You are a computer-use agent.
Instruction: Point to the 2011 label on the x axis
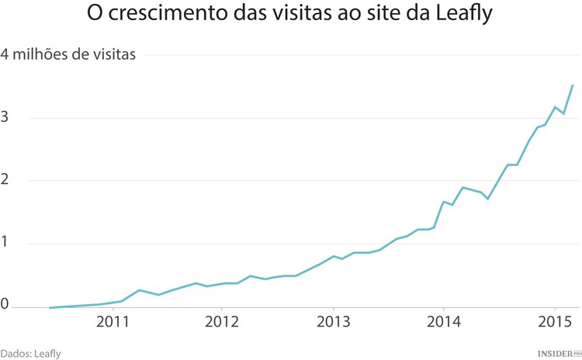tap(113, 322)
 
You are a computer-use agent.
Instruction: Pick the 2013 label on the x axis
tap(333, 322)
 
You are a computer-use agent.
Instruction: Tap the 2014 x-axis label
tap(443, 322)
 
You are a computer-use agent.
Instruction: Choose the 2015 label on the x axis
tap(554, 322)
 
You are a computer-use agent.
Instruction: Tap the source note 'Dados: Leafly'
tap(30, 353)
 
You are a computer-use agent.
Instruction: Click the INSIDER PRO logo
tap(559, 353)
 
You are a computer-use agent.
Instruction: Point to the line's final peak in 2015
tap(573, 85)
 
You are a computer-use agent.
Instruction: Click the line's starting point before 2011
tap(50, 307)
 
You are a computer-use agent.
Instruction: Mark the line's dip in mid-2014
tap(487, 199)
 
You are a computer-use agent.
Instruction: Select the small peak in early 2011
tap(139, 290)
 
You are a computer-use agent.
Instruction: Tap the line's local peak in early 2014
tap(462, 187)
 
